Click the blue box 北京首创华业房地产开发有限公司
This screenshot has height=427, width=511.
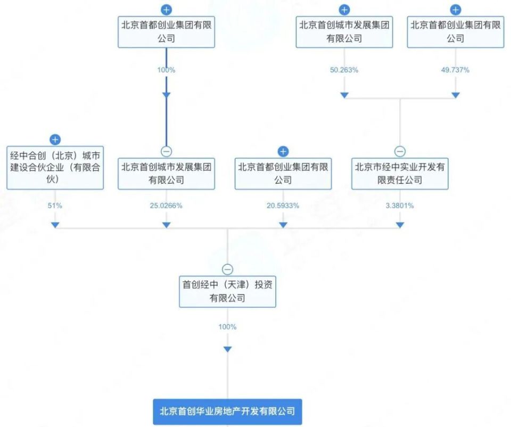click(x=227, y=412)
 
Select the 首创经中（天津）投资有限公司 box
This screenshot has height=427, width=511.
click(x=227, y=291)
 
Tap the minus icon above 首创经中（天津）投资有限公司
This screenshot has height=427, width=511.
click(x=227, y=269)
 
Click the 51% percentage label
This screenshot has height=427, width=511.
click(x=55, y=206)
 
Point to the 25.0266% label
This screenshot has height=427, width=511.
click(x=166, y=206)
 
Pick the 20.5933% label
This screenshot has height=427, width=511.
click(x=283, y=206)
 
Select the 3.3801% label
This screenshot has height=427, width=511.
click(x=400, y=206)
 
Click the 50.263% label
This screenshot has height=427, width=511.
click(x=344, y=70)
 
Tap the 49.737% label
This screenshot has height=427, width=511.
click(x=456, y=70)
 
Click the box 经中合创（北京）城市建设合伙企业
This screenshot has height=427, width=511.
click(x=55, y=167)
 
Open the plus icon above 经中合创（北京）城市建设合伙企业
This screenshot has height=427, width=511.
click(x=55, y=139)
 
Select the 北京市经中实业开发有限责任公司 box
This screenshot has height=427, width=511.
click(x=400, y=174)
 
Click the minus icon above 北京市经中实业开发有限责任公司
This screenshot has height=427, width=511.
click(x=400, y=151)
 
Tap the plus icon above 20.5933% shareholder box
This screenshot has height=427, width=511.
click(x=283, y=151)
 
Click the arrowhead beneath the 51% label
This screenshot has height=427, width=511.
click(x=55, y=225)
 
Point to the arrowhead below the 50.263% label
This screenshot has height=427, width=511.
click(x=344, y=95)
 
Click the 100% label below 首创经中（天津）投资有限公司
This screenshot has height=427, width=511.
click(x=227, y=327)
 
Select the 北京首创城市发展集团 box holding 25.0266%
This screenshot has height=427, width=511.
click(x=166, y=174)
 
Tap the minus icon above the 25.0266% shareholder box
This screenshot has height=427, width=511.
click(x=166, y=151)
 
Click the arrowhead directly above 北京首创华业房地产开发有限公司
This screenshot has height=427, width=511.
click(x=227, y=349)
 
